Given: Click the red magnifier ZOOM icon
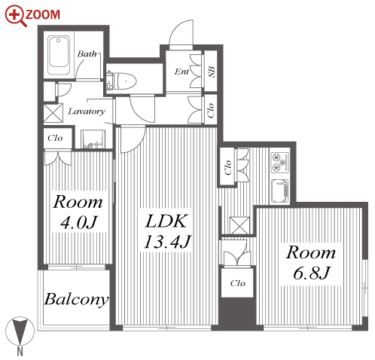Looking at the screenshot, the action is [16, 16].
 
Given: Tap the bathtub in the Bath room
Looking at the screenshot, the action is [59, 55].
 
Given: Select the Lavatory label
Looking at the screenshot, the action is [87, 111].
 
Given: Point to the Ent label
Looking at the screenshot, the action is [181, 72].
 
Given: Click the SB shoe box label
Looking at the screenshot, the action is [211, 72].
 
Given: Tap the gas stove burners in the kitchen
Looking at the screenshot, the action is [280, 163].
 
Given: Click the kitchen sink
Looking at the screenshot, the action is [280, 191].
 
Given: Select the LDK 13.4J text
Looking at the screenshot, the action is [166, 231].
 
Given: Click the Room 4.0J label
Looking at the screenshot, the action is [78, 212].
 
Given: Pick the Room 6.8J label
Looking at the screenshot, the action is [311, 263].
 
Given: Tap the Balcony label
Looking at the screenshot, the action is [76, 300].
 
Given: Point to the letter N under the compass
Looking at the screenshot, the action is [20, 352].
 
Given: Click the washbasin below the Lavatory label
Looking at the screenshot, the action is [93, 139].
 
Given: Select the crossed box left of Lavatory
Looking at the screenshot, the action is [53, 113].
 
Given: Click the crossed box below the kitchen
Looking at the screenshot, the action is [239, 226].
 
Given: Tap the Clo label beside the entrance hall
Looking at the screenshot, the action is [211, 110].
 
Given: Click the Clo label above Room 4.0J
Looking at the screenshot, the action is [55, 138].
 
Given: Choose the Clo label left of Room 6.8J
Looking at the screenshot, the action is [237, 283].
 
